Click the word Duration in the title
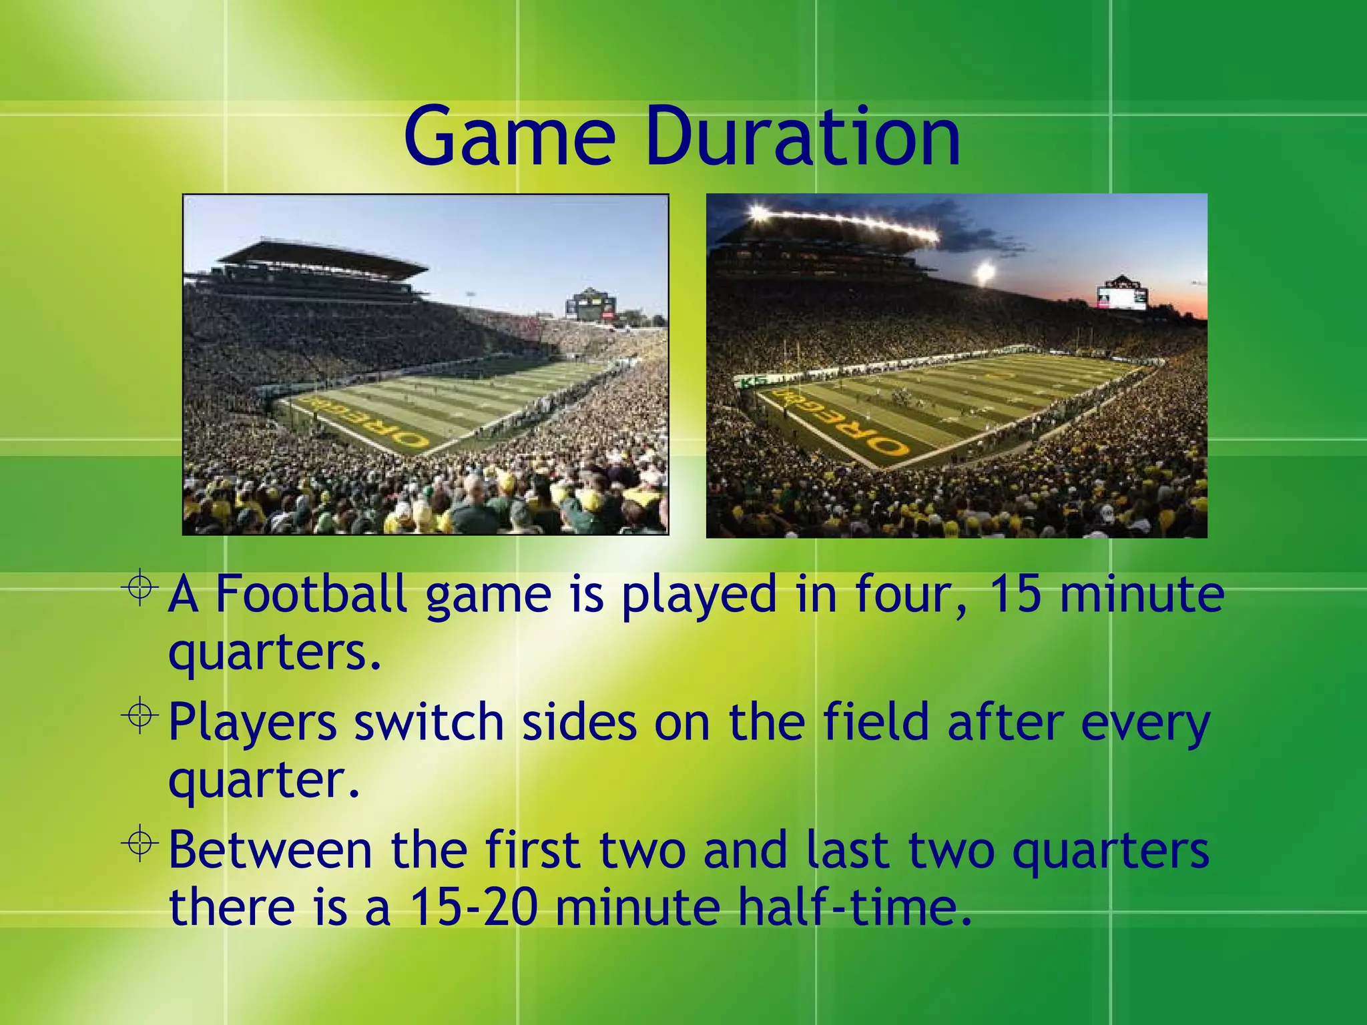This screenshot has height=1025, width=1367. point(803,137)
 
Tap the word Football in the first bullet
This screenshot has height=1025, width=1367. point(310,593)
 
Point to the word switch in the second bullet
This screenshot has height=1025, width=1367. point(428,722)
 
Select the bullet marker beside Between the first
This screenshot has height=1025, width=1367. point(140,844)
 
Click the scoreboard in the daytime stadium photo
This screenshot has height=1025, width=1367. point(590,306)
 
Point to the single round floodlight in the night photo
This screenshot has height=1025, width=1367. point(984,272)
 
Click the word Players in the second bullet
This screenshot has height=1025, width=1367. point(252,723)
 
